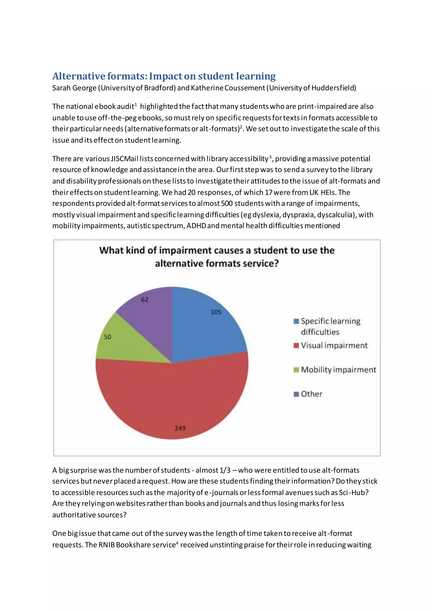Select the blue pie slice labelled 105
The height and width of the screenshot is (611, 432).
pyautogui.click(x=205, y=327)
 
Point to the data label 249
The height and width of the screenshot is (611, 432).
pyautogui.click(x=180, y=428)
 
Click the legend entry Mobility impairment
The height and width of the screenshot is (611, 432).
pyautogui.click(x=338, y=370)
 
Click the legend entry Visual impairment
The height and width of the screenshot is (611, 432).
pyautogui.click(x=334, y=345)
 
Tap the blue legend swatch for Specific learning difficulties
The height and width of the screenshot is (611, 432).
pyautogui.click(x=296, y=321)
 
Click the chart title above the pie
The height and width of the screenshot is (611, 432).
pyautogui.click(x=217, y=257)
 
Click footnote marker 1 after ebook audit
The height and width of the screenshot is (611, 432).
pyautogui.click(x=136, y=105)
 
